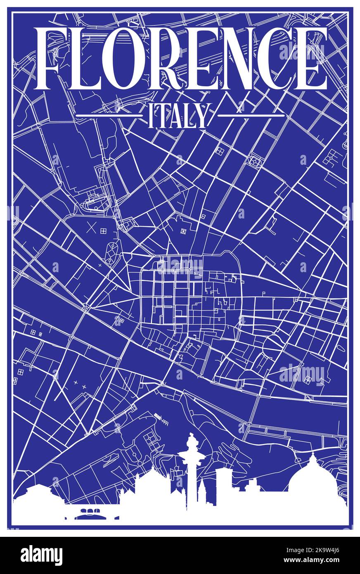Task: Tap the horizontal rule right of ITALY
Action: click(251, 116)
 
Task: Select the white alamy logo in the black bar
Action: click(41, 555)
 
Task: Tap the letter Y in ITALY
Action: click(201, 116)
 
